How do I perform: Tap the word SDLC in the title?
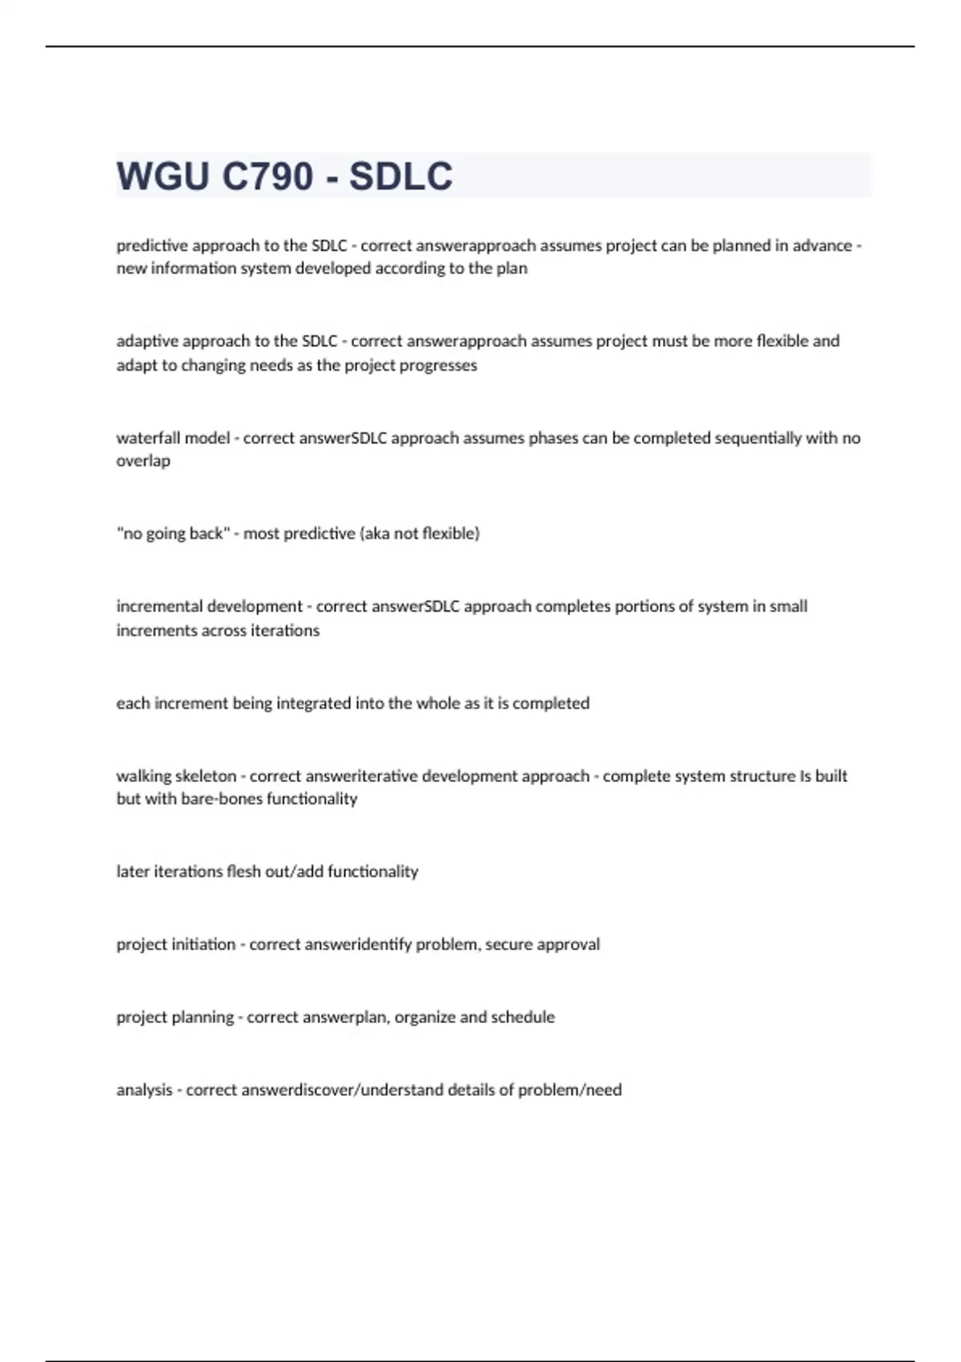pos(400,176)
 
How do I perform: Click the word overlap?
pos(143,461)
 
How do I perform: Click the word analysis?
pos(144,1090)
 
